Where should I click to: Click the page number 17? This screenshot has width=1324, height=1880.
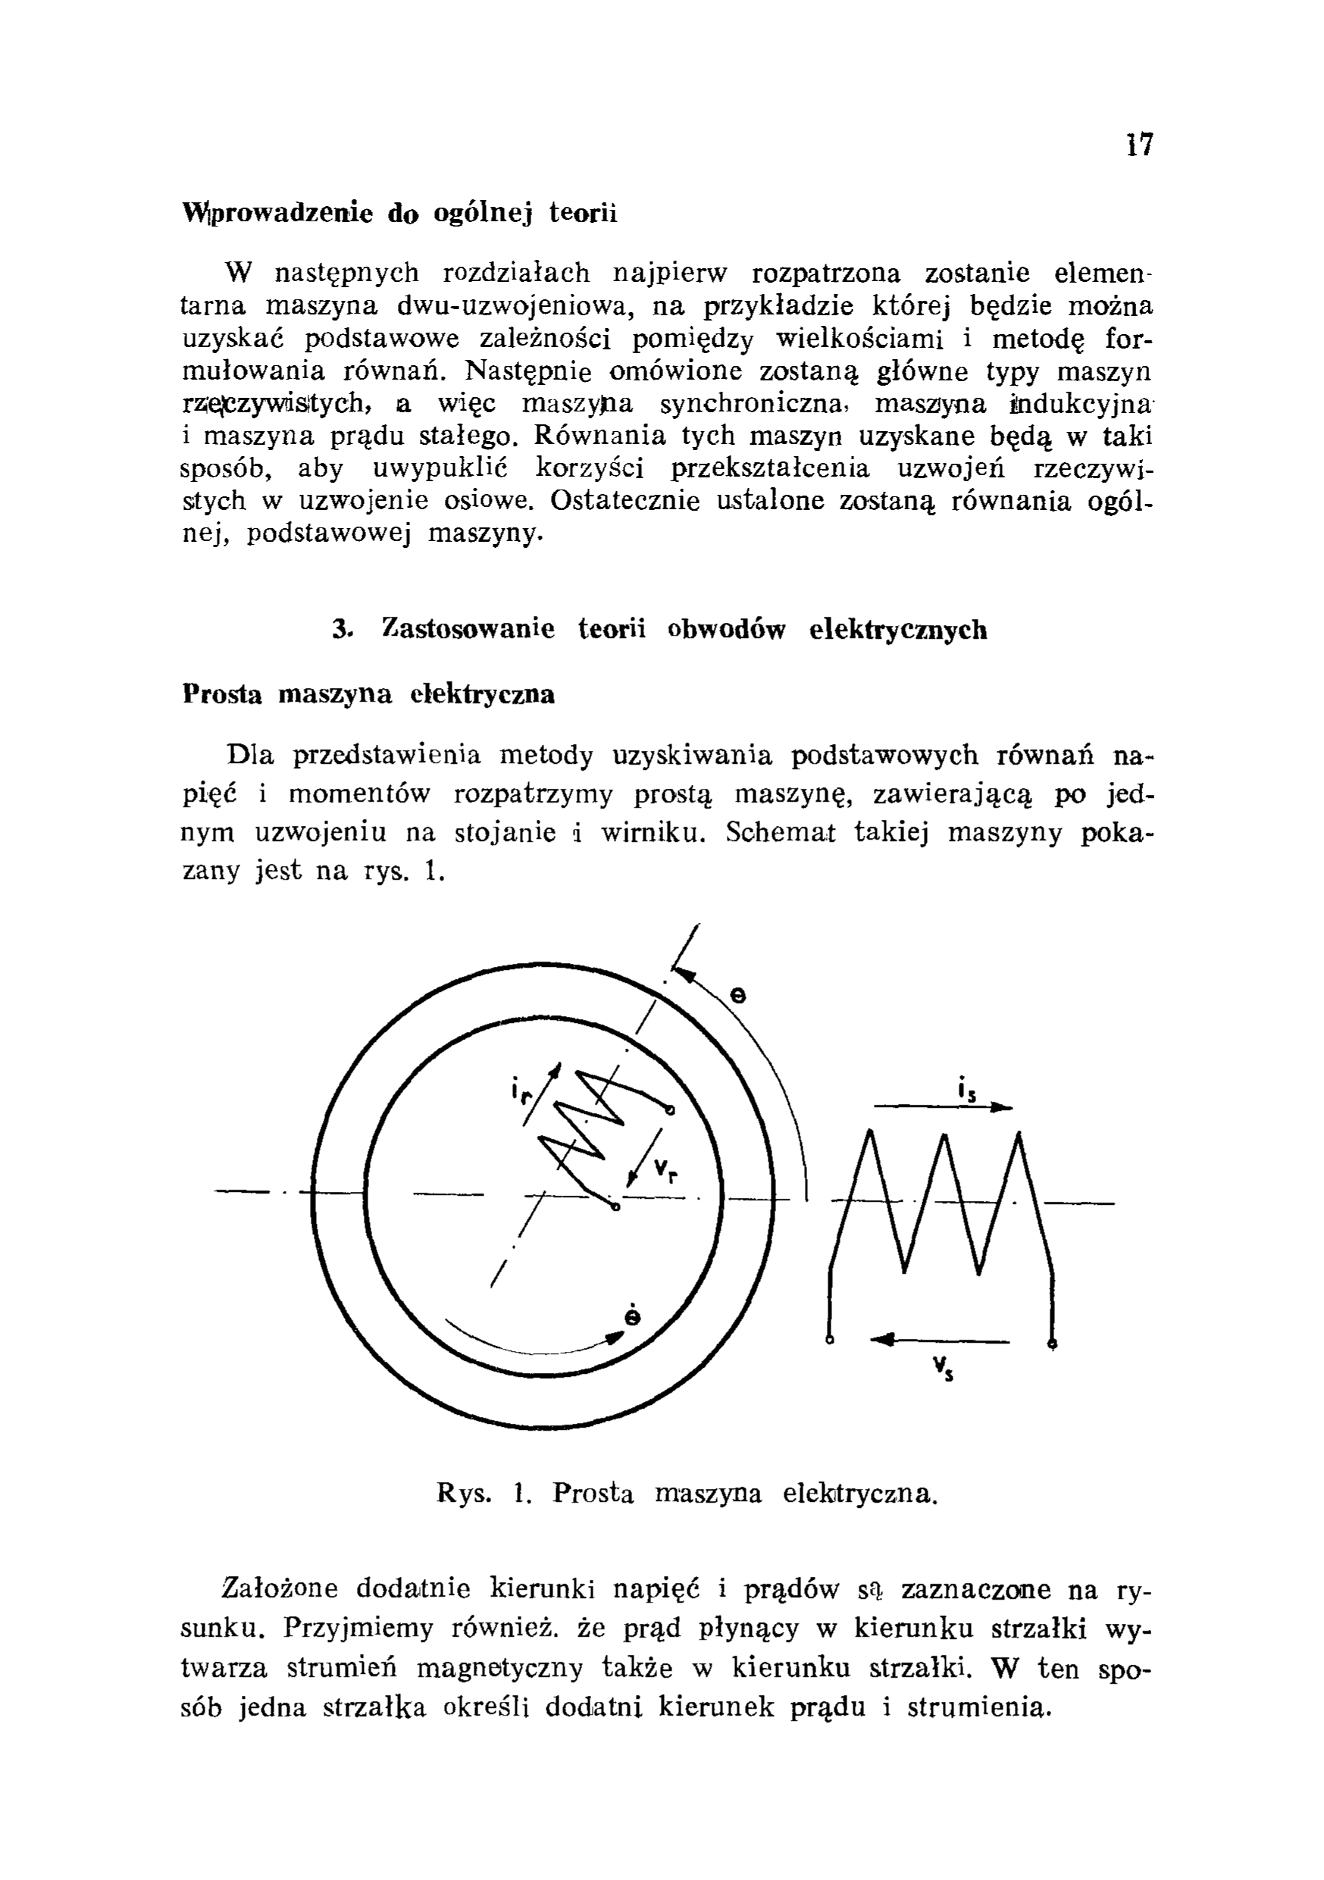(1139, 145)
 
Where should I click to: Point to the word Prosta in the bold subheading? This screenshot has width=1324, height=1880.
(223, 694)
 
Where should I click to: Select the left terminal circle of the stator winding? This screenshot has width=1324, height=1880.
(831, 1341)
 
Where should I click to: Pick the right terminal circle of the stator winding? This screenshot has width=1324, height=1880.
(1052, 1343)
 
